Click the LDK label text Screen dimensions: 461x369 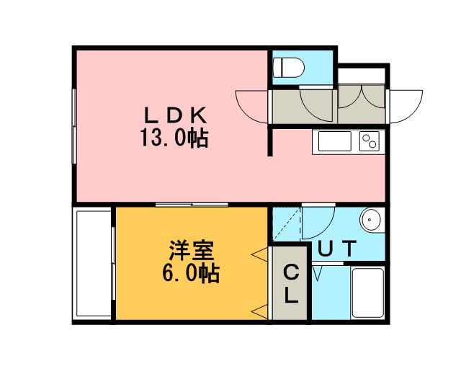pos(176,115)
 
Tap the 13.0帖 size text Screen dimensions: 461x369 pos(174,138)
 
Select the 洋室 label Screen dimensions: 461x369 pos(191,251)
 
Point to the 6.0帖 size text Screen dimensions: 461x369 pos(191,273)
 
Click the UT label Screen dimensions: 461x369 pos(337,249)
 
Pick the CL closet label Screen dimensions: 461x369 pos(291,284)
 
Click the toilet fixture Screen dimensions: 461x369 pos(288,67)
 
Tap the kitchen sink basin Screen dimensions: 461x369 pos(335,141)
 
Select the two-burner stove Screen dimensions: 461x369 pos(370,141)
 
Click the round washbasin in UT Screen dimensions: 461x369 pos(371,220)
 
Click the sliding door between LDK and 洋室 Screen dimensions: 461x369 pos(192,205)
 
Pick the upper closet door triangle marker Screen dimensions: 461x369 pos(260,254)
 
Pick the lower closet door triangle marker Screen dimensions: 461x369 pos(260,312)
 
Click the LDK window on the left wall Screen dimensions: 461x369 pos(74,126)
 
